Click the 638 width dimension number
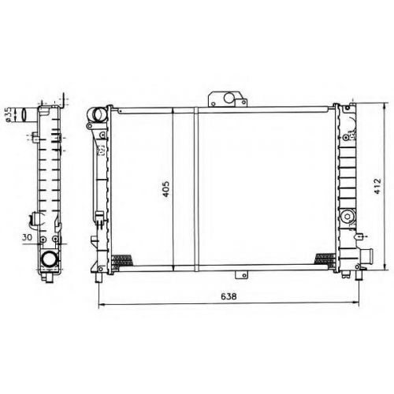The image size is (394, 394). tap(229, 296)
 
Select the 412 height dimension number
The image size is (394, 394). tap(377, 186)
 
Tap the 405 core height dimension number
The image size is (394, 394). tap(166, 189)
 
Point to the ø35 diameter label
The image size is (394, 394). tap(8, 115)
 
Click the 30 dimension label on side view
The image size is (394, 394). tap(27, 237)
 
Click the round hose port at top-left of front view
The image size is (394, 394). tap(99, 114)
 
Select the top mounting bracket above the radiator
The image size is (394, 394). tap(228, 99)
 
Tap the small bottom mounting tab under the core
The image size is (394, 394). tap(241, 274)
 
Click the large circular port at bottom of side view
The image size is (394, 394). tap(48, 258)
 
